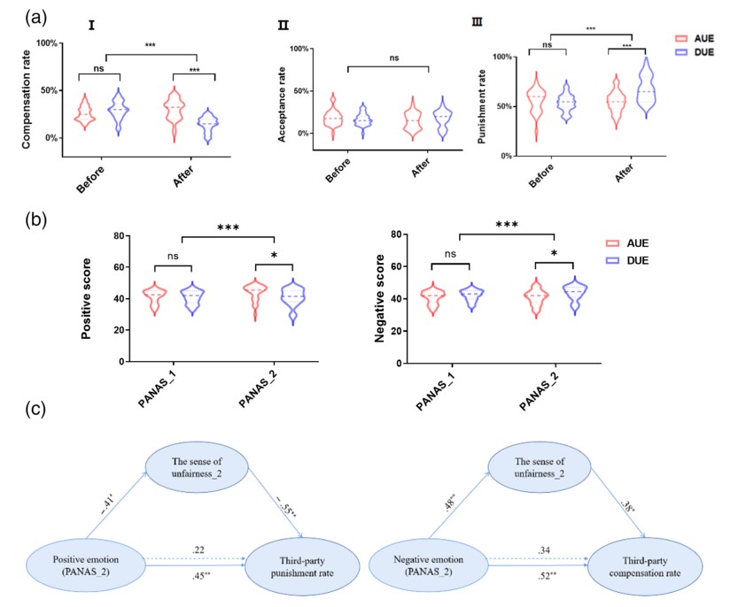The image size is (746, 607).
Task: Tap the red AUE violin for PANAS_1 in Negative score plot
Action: (x=433, y=300)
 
